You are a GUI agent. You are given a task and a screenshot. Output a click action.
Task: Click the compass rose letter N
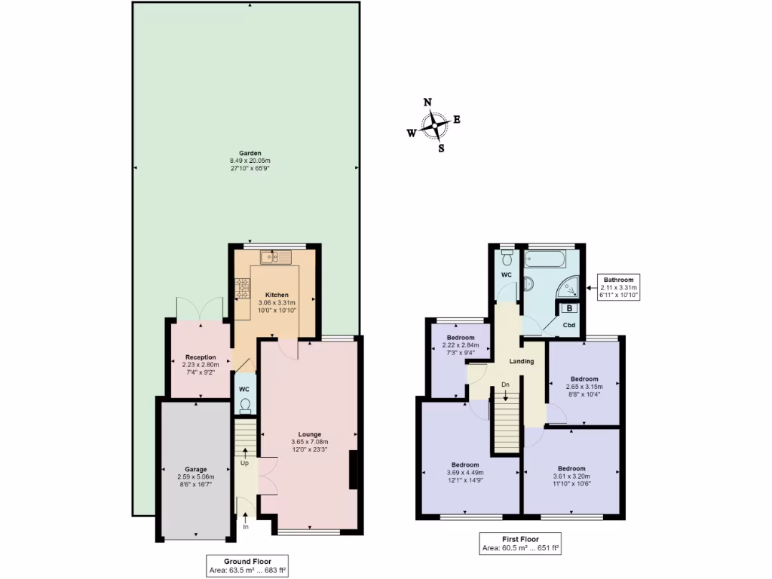(x=427, y=103)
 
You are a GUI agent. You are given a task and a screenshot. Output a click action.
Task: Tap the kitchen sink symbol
(x=270, y=258)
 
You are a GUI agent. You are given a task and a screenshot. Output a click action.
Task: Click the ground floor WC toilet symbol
(x=245, y=406)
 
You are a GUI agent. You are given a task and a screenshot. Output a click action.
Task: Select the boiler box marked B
(x=568, y=308)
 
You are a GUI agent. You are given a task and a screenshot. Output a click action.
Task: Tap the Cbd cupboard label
(x=570, y=325)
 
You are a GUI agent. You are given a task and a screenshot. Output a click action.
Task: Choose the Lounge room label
(x=309, y=434)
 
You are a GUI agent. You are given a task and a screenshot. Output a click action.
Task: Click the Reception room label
(x=201, y=357)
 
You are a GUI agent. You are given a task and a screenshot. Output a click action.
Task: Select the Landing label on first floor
(x=521, y=361)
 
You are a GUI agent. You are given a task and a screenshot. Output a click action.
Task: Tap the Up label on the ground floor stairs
(x=244, y=462)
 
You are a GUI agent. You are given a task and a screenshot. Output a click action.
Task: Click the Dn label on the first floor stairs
(x=506, y=384)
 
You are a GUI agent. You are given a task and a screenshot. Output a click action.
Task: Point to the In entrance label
(x=246, y=526)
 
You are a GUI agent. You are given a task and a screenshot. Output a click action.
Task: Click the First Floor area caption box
(x=520, y=544)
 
